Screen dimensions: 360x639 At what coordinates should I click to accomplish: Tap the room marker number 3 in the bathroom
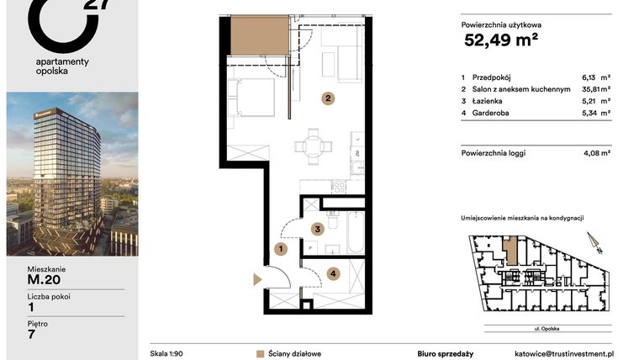(316, 228)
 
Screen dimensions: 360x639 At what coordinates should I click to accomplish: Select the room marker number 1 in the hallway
(282, 249)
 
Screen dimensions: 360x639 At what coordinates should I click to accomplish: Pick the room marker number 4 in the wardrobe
(333, 273)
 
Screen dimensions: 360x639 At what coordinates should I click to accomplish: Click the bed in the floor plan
(255, 97)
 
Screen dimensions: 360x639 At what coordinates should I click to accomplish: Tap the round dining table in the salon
(313, 146)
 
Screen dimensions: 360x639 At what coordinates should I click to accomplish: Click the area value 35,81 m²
(595, 88)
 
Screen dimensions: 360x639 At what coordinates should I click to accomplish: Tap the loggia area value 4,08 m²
(595, 153)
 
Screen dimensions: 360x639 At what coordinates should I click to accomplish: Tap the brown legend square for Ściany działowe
(261, 354)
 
